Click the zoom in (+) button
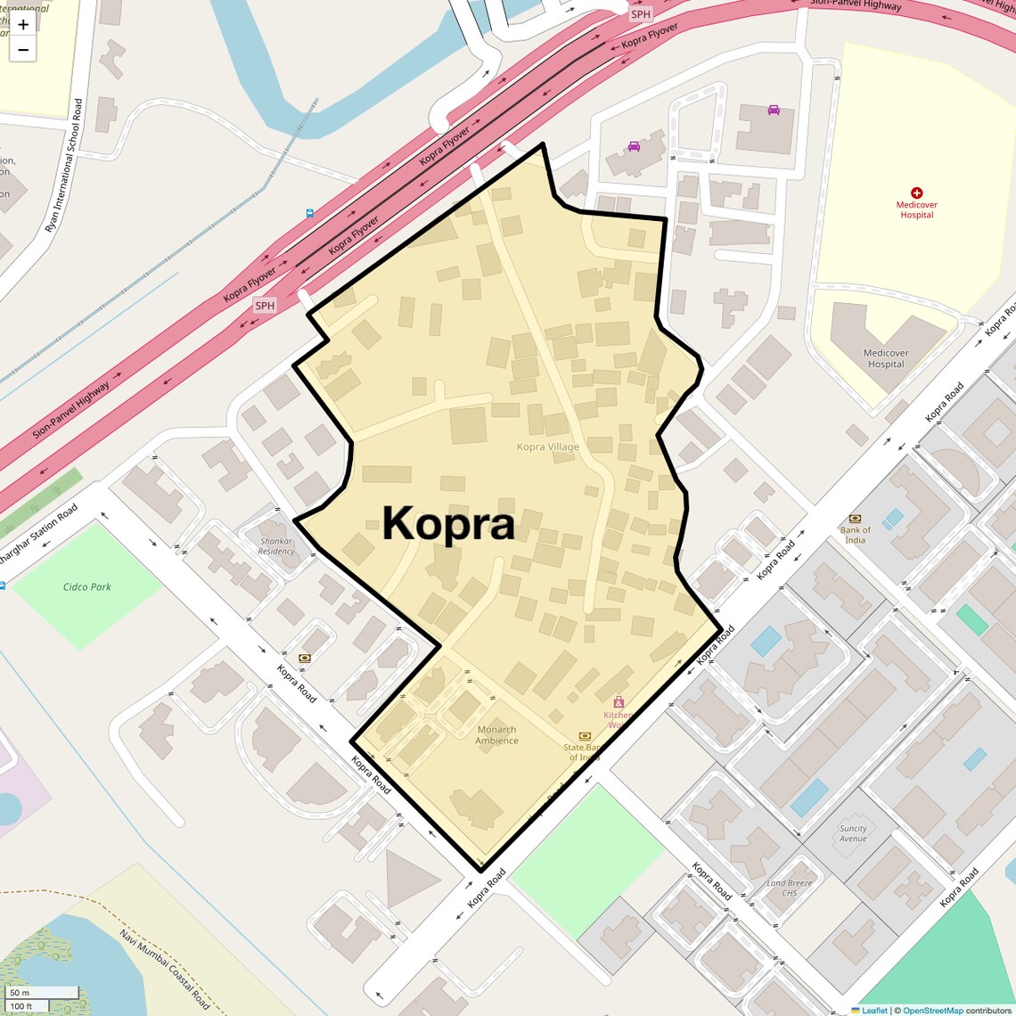[23, 25]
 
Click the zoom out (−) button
[23, 50]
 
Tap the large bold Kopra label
[448, 524]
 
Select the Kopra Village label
[548, 447]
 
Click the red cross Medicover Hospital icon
[916, 193]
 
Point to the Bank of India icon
[855, 518]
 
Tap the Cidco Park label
[87, 586]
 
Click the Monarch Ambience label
[496, 735]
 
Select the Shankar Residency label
[276, 545]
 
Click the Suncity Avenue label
[853, 833]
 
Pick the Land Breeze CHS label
[790, 888]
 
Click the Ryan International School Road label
[64, 166]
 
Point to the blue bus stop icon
[309, 213]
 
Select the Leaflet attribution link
[873, 1010]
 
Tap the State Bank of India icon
[585, 735]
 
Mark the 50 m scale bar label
[20, 992]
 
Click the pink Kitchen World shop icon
[619, 702]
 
